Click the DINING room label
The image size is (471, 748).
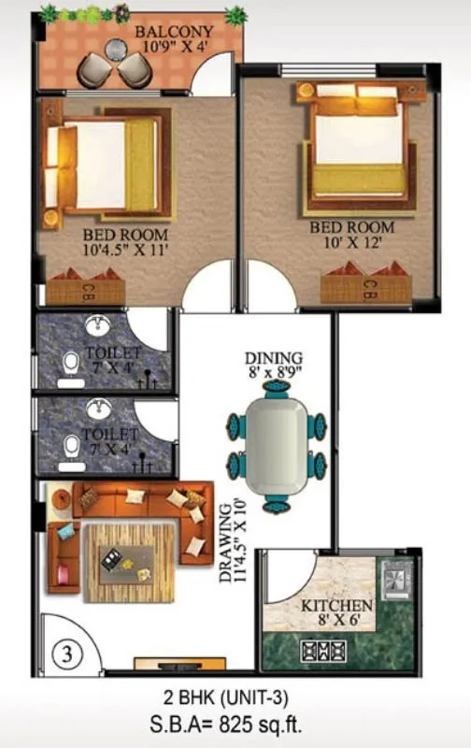[274, 358]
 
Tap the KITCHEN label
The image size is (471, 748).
[336, 607]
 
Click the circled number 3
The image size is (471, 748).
[65, 654]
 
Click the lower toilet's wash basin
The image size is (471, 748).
[97, 409]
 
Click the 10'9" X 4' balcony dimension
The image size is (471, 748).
[174, 48]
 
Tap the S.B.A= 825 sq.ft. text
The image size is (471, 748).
[234, 723]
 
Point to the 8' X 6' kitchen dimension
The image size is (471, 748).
[336, 621]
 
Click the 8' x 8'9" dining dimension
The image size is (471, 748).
[274, 372]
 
